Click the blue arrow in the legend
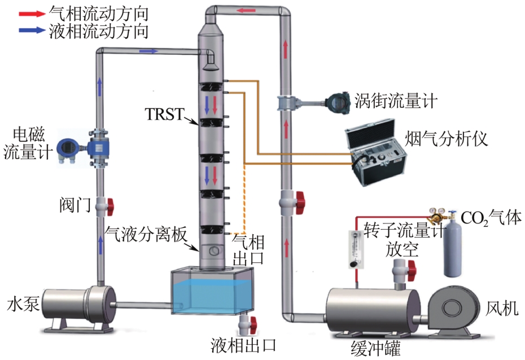(x=29, y=32)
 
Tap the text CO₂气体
(x=489, y=217)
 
